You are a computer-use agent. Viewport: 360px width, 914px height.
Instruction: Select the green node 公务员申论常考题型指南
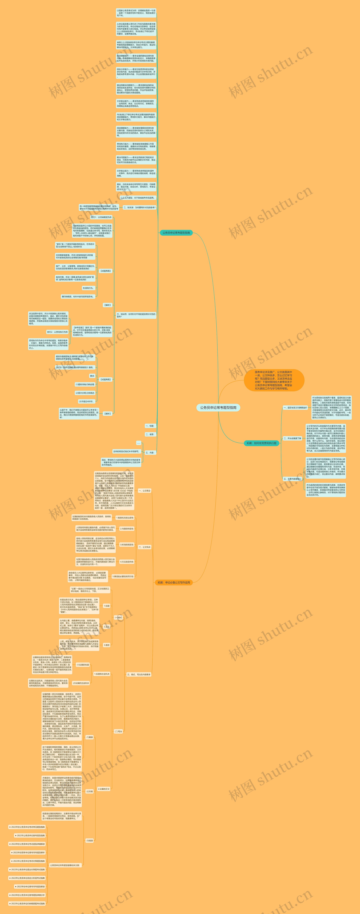pyautogui.click(x=176, y=233)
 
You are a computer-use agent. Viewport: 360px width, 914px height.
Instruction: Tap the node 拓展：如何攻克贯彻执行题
pyautogui.click(x=261, y=443)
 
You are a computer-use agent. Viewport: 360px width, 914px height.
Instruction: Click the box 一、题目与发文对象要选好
pyautogui.click(x=295, y=408)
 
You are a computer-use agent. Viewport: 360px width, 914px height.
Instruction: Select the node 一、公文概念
pyautogui.click(x=144, y=491)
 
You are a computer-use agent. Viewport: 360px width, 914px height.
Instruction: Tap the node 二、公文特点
pyautogui.click(x=144, y=547)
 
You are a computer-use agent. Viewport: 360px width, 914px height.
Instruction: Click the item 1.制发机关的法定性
pyautogui.click(x=125, y=518)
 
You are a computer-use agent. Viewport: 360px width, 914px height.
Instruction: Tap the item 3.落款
pyautogui.click(x=106, y=645)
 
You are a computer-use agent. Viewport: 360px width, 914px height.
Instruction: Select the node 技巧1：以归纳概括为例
pyautogui.click(x=101, y=217)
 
